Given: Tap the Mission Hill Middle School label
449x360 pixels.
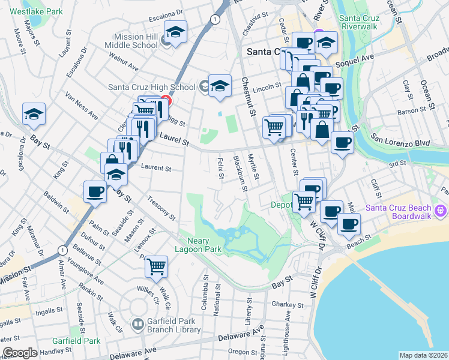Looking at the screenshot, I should point(131,40).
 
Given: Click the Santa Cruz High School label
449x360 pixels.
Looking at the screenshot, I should point(151,86).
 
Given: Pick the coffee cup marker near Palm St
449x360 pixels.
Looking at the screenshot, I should point(95,193).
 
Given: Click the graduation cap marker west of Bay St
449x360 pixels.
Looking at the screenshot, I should point(34,114).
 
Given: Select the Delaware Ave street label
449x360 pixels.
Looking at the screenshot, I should point(241,335).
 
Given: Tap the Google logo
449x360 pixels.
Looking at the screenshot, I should point(20,353).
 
